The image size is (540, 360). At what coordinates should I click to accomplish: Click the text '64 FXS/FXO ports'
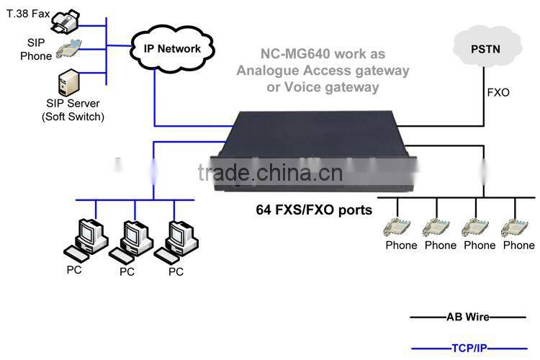(314, 210)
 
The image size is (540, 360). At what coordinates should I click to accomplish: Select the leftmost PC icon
(84, 240)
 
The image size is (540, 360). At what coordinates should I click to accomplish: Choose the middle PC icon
(129, 240)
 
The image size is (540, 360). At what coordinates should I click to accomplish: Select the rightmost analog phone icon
(518, 225)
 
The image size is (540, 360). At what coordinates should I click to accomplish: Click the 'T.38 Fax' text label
(30, 12)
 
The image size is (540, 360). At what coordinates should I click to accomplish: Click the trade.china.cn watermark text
(270, 174)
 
